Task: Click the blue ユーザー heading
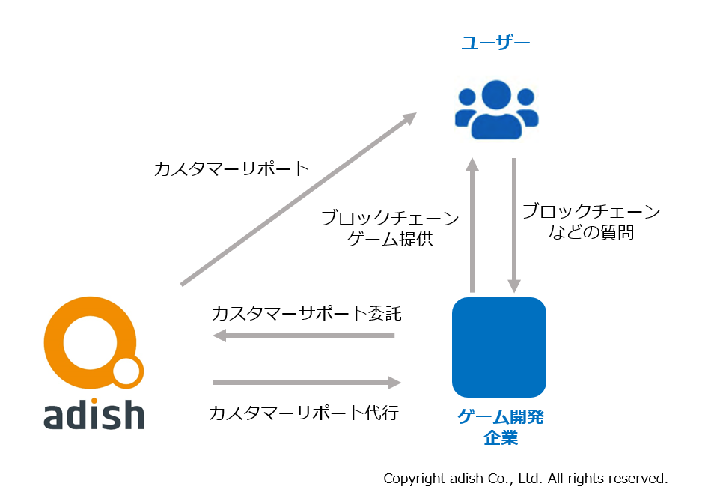point(495,43)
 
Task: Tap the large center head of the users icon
point(496,95)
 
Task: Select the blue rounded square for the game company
point(499,347)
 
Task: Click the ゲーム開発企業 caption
point(501,427)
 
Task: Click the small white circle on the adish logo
point(126,371)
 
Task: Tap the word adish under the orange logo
point(94,414)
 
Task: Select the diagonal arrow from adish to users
point(299,199)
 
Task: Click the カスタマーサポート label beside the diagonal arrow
point(231,169)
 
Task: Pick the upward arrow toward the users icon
point(472,225)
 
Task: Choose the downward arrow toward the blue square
point(514,225)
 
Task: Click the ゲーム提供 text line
point(390,239)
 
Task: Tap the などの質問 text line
point(591,232)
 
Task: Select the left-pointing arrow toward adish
point(304,336)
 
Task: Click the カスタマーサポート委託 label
point(306,314)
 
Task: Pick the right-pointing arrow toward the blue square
point(307,383)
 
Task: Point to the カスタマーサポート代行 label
point(304,413)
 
